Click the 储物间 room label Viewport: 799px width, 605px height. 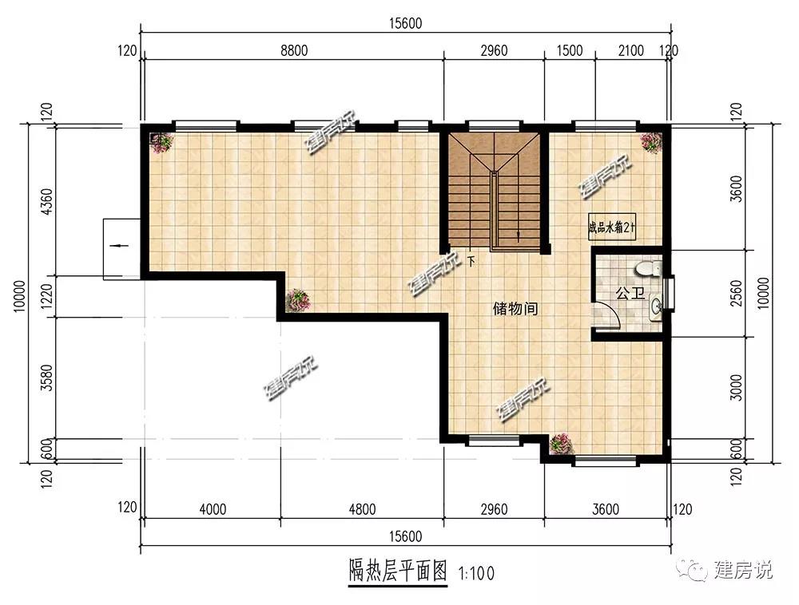[x=515, y=308]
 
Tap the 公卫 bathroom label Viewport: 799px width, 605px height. [x=630, y=293]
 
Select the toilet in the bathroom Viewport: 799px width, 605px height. [x=648, y=268]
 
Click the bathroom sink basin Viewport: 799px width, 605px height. [x=656, y=306]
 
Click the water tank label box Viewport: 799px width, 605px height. [x=611, y=227]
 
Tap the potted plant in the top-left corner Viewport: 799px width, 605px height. [x=161, y=143]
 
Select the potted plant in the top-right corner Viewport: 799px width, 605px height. [x=651, y=143]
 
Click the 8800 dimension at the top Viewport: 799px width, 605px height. [x=294, y=51]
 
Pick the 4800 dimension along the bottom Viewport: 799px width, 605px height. [x=362, y=509]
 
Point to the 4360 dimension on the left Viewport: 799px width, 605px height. [x=46, y=201]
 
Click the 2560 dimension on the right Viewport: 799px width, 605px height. [x=737, y=293]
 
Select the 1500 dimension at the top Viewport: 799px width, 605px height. [x=569, y=51]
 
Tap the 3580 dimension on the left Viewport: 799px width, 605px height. [x=46, y=378]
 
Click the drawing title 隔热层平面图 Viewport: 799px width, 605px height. [x=398, y=571]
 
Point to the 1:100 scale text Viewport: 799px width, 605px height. [x=476, y=574]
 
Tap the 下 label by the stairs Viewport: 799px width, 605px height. [x=471, y=262]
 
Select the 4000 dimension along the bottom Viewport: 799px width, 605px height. [x=213, y=509]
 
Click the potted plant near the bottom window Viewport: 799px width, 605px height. [x=561, y=443]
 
